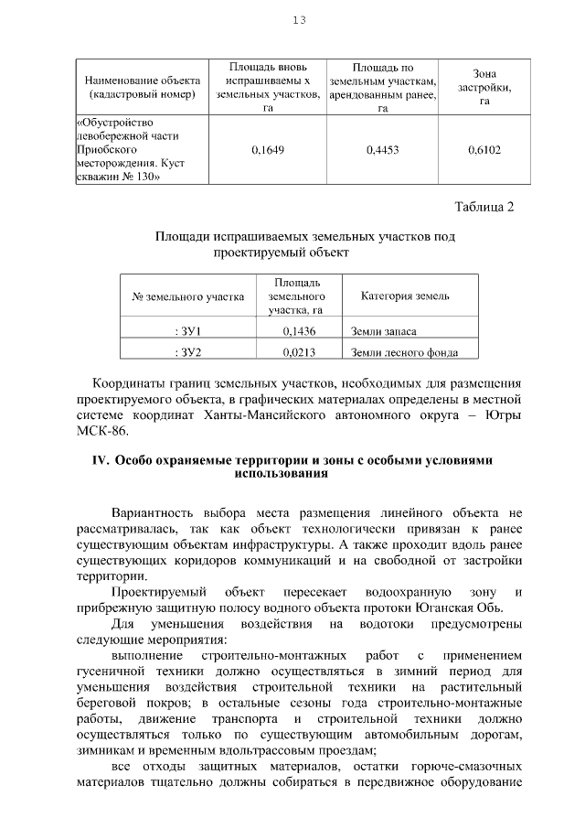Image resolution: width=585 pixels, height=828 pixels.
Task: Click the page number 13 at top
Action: pos(298,20)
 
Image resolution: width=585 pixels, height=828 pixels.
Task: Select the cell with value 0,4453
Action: pos(382,149)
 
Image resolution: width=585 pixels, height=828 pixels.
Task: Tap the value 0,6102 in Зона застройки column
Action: pos(484,149)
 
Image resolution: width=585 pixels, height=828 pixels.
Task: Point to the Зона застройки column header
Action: pos(484,87)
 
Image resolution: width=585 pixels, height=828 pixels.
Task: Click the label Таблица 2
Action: pos(484,206)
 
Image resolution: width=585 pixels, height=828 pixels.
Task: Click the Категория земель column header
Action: pos(404,296)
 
